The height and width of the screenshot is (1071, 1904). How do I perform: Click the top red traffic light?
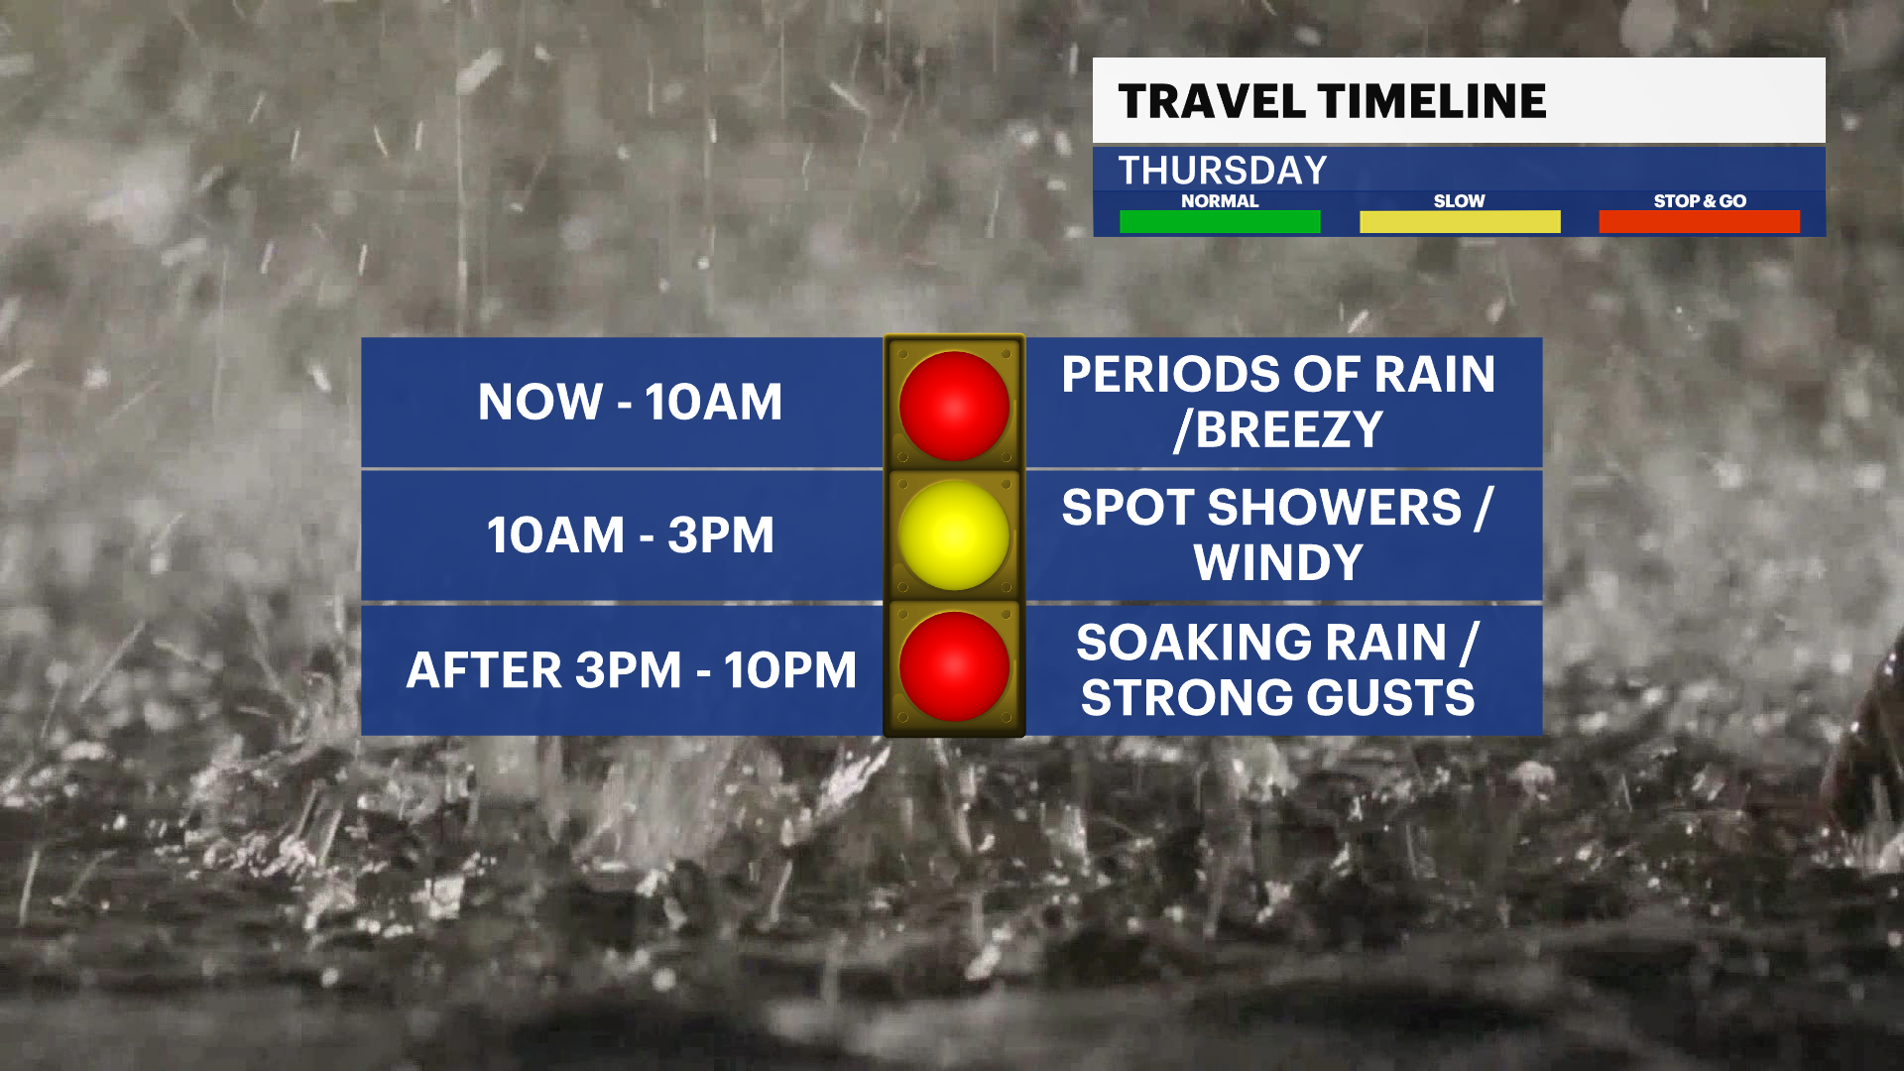click(954, 406)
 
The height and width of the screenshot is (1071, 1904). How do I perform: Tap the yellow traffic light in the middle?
click(954, 535)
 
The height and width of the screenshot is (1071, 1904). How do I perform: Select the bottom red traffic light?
click(954, 666)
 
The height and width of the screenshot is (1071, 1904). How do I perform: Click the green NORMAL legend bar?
click(1220, 222)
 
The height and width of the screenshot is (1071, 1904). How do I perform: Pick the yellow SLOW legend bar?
click(1460, 222)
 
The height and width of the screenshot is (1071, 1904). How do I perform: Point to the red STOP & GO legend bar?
click(1700, 222)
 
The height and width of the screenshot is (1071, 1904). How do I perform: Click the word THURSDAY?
click(1223, 171)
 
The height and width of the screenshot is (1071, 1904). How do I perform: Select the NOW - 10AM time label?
click(631, 402)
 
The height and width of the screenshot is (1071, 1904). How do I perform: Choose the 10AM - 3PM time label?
click(631, 535)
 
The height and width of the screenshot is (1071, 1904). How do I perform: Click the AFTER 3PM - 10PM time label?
click(632, 670)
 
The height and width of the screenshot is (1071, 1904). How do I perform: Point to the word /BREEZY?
click(1278, 430)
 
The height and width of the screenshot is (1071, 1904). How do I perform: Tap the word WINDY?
click(1278, 563)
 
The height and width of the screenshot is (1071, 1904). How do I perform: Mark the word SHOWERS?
click(1335, 508)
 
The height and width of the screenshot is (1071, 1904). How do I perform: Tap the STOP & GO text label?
click(1700, 201)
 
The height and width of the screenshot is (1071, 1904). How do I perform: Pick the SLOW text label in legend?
click(1460, 201)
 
